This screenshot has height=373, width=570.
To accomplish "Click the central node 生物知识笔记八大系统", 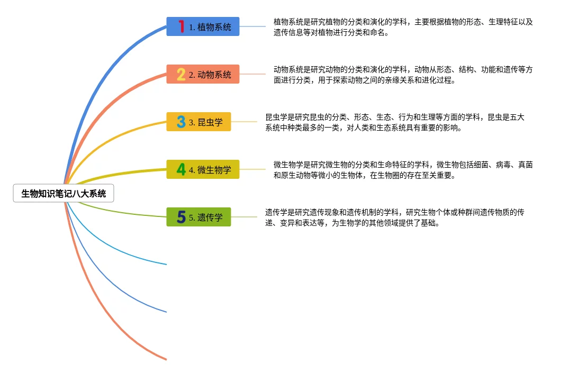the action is pos(64,194).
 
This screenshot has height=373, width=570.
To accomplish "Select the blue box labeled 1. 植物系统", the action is pos(203,26).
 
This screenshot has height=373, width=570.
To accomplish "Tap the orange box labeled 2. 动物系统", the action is pos(203,74).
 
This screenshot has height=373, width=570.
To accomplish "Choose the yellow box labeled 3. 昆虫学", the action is pos(199,122).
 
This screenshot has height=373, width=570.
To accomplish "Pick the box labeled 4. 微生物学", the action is pos(203,169).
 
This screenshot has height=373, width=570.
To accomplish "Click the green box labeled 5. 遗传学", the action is pos(199,217).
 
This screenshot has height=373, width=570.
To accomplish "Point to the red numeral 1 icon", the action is pos(182,26).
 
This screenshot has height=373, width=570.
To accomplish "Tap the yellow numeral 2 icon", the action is pos(181,74).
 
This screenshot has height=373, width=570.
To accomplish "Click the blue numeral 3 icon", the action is pos(181,122).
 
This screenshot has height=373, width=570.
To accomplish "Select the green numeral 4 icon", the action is pos(181,169).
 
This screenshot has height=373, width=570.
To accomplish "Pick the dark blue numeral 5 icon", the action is pos(181,217).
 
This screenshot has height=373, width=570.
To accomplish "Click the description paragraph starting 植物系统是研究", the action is pos(403,27).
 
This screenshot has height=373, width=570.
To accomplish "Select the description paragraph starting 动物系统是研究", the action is pos(403,75).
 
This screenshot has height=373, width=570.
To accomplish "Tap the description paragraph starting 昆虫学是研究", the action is pos(394,122).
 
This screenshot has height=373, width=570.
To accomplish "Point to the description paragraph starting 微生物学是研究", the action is pos(403,170).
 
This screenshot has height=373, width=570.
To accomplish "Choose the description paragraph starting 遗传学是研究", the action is pos(394,217).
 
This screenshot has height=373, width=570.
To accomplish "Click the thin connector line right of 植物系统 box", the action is pos(252,26).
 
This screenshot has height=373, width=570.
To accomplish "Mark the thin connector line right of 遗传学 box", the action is pos(244,217).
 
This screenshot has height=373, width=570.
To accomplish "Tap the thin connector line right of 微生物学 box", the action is pos(252,169).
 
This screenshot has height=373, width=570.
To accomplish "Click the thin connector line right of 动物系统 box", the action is pos(252,74).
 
